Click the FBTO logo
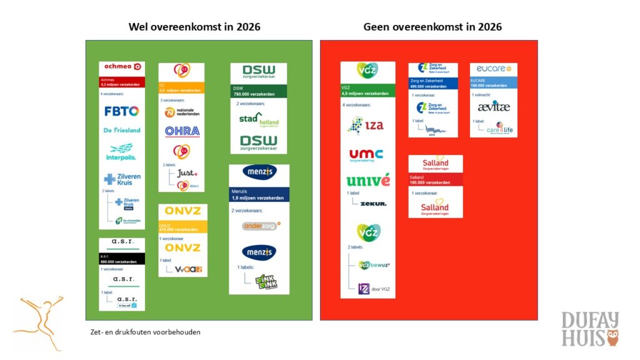tap(122, 111)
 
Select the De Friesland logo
tap(122, 130)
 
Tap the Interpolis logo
tap(122, 151)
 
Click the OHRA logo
tap(182, 131)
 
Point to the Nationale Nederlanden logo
tap(182, 112)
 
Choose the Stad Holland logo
tap(259, 119)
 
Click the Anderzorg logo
tap(259, 226)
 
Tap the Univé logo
tap(367, 181)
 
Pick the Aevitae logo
tap(494, 107)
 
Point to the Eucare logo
tap(494, 69)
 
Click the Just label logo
tap(187, 172)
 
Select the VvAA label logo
tap(188, 269)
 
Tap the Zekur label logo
tap(374, 204)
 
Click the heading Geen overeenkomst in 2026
tap(432, 27)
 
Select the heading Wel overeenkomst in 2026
tap(194, 27)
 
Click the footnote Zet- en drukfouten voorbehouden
tap(146, 332)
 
